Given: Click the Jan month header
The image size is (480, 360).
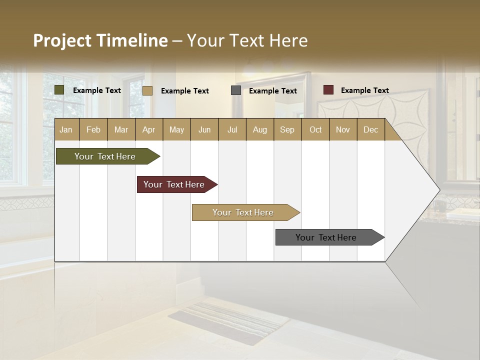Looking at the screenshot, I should point(66,129).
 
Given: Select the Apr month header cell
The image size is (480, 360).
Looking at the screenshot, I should point(149,129).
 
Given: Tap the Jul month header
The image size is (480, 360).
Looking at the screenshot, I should point(232,129).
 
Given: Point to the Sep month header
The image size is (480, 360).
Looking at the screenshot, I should point(287,129).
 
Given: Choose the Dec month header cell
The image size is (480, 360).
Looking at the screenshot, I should point(370,129).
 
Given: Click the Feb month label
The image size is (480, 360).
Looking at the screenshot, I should point(93,129).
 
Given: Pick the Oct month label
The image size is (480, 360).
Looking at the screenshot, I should point(315,129).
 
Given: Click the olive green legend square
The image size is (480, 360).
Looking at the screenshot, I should point(59,90).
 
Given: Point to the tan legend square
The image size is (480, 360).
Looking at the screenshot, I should point(147,90).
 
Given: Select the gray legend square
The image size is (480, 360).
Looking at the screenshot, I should point(236,90).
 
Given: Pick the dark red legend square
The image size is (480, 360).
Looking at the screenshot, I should point(328,90).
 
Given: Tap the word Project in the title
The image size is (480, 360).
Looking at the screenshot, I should point(61,40).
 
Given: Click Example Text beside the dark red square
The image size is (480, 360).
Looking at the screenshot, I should point(365,90).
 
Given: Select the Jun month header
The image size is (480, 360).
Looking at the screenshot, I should point(204,129).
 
